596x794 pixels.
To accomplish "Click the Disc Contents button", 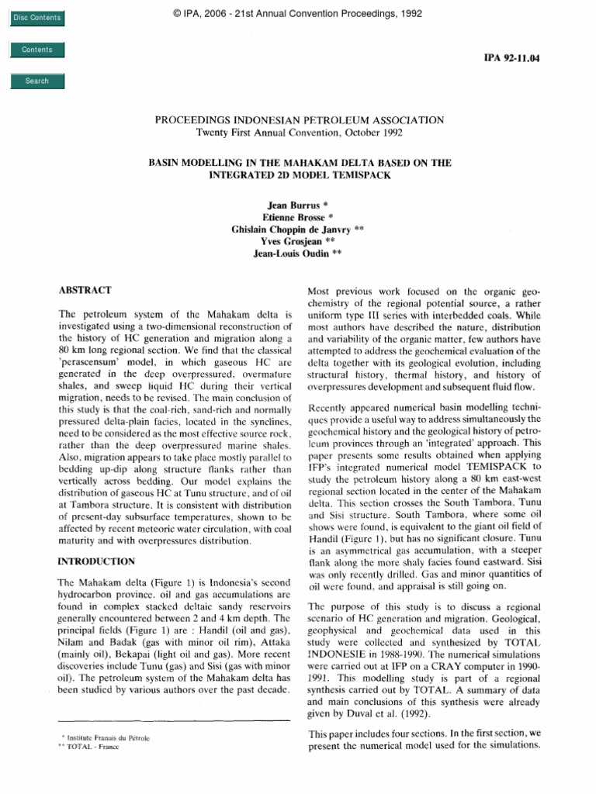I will tap(36, 18).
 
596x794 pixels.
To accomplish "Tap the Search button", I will tap(36, 81).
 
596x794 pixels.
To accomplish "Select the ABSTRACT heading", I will tap(85, 290).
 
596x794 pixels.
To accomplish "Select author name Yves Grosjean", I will tap(298, 242).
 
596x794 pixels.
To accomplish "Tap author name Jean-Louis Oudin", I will tap(298, 254).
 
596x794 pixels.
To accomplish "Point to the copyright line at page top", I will tap(299, 12).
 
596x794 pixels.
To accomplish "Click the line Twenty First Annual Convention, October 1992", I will tap(298, 132).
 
